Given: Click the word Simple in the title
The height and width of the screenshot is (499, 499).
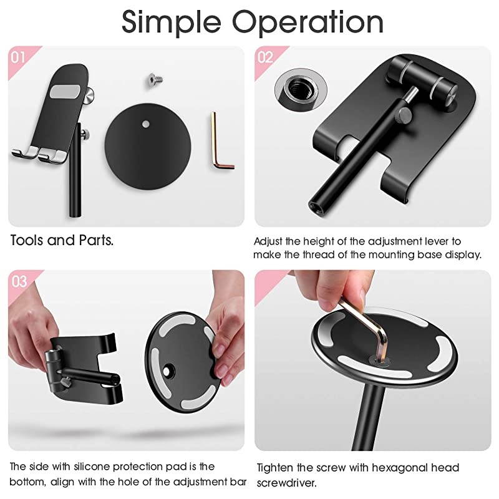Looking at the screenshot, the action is (171, 22).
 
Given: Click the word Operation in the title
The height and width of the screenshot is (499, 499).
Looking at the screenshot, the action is (308, 22).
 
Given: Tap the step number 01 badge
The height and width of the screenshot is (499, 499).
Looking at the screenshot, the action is (18, 57).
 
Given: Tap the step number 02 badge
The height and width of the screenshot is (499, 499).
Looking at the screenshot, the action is (265, 57).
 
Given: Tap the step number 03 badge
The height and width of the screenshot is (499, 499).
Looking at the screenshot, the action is (19, 282).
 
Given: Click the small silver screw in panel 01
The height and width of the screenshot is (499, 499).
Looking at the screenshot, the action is (155, 80).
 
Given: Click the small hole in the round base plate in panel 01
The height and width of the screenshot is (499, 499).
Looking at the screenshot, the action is (145, 124).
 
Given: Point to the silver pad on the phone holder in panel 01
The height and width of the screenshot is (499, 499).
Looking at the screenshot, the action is (65, 91).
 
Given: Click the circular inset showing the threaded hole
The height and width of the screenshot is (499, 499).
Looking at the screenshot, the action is (301, 89).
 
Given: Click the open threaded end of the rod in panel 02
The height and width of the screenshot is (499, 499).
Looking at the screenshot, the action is (316, 206).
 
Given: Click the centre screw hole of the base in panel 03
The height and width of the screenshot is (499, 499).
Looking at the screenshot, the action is (167, 371).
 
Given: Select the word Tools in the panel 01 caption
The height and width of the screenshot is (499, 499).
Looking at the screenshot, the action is (27, 240).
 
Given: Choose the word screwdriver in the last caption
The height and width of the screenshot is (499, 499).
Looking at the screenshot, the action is (286, 483).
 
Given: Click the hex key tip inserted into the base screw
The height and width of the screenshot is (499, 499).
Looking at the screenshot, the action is (380, 359).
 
